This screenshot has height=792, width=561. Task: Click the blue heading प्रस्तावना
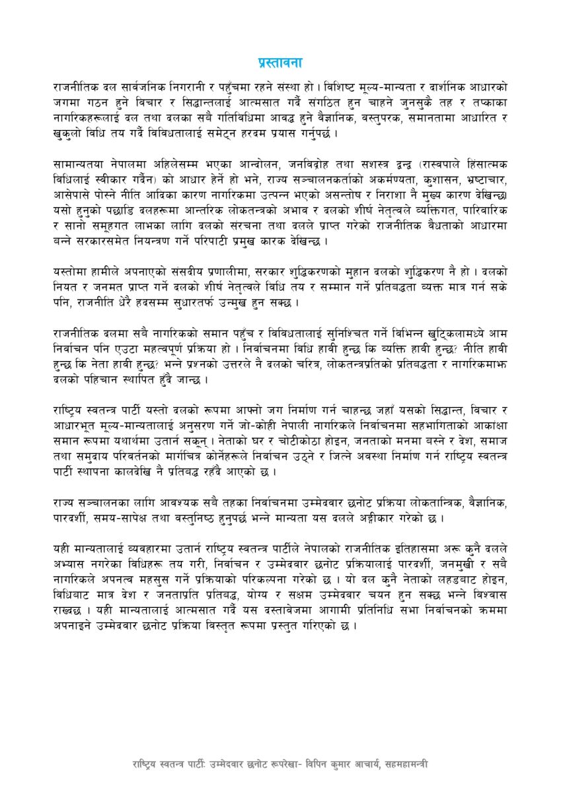[x=280, y=63]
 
